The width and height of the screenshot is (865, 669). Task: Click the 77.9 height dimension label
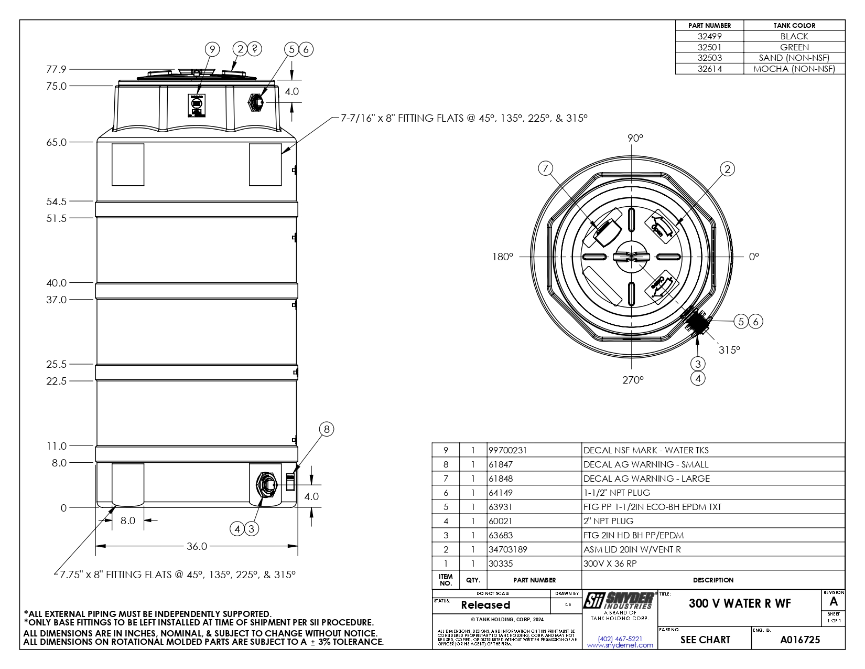57,69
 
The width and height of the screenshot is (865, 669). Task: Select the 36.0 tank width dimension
197,546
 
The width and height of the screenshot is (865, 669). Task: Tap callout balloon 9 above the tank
212,49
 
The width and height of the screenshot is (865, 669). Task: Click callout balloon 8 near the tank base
326,429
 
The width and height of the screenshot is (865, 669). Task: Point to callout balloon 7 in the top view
546,168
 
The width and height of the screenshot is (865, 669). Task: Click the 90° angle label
635,138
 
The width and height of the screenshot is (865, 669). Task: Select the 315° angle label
729,349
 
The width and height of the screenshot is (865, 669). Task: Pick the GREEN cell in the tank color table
794,47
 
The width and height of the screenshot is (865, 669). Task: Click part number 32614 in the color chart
710,69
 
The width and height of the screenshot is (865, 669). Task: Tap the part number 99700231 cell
507,450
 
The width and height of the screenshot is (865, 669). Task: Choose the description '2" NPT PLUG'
608,521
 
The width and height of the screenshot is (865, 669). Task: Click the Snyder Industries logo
619,600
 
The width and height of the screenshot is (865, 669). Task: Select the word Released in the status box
485,605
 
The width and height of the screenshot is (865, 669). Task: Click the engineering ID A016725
800,640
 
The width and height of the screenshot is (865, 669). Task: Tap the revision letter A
834,602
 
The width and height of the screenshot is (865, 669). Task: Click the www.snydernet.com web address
620,645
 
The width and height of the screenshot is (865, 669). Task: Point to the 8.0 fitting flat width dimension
128,521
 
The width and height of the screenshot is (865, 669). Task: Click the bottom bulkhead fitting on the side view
267,483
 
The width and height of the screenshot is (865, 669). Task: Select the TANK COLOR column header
794,25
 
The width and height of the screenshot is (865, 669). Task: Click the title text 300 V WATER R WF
740,603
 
